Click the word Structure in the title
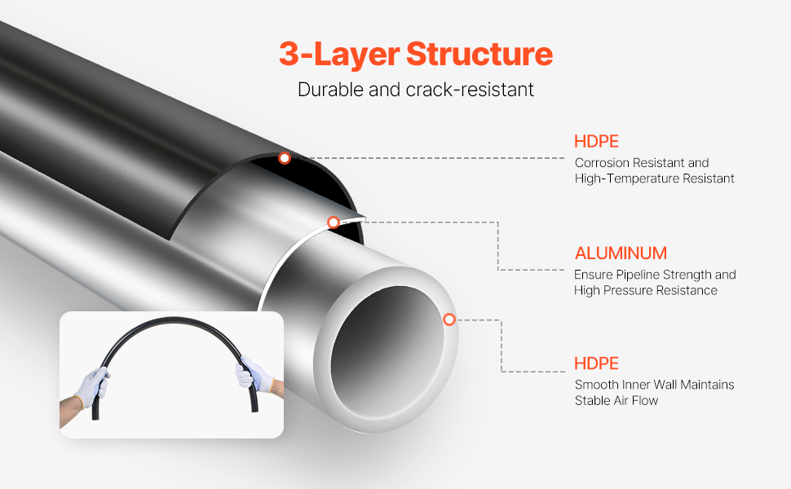coord(479,55)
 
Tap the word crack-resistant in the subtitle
coord(470,89)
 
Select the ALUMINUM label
coord(621,253)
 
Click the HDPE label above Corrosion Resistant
coord(596,141)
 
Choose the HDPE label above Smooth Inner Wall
coord(596,363)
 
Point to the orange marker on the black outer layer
coord(284,158)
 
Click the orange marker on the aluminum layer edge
coord(333,222)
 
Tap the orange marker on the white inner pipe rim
coord(449,319)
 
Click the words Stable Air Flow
coord(616,400)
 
